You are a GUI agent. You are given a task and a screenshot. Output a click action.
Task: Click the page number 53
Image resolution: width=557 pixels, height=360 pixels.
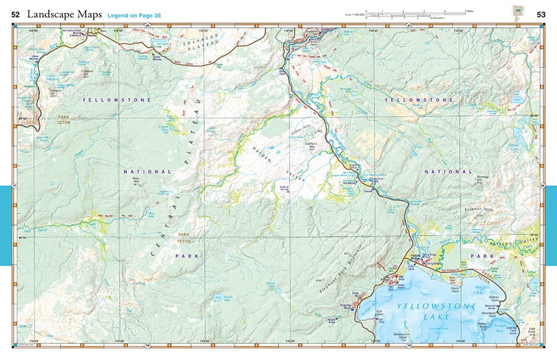coord(541,14)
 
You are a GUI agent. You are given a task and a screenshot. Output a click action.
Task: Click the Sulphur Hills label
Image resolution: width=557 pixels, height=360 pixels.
coord(480,210)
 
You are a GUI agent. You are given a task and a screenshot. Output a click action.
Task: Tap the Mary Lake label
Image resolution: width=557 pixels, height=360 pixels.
coord(150,215)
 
